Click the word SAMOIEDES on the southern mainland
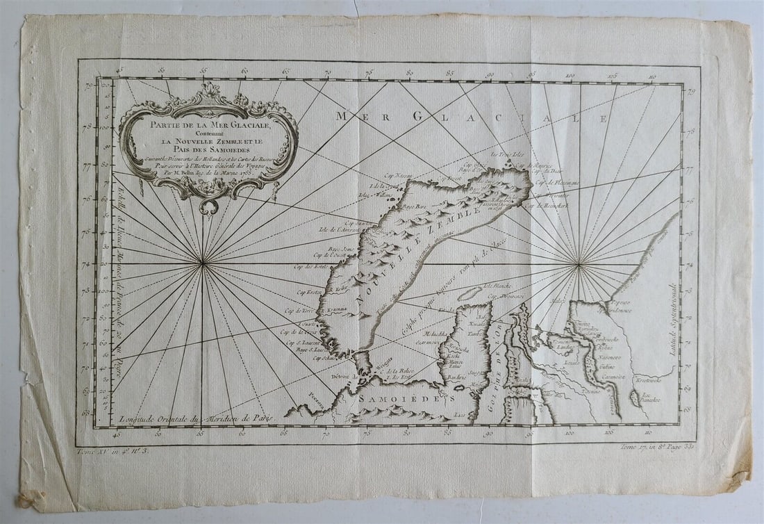(x=406, y=400)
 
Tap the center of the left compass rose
(x=203, y=263)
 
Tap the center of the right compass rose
(x=579, y=263)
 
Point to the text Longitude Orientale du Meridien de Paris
(x=197, y=418)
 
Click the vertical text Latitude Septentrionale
(x=672, y=320)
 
